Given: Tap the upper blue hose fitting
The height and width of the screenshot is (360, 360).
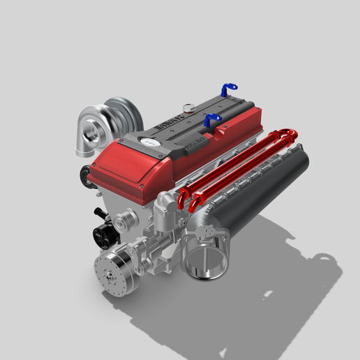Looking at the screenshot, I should [227, 89].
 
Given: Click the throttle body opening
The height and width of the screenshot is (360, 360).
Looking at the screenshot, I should [207, 253].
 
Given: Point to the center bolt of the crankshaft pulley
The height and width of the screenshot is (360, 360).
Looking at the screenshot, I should [110, 278].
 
